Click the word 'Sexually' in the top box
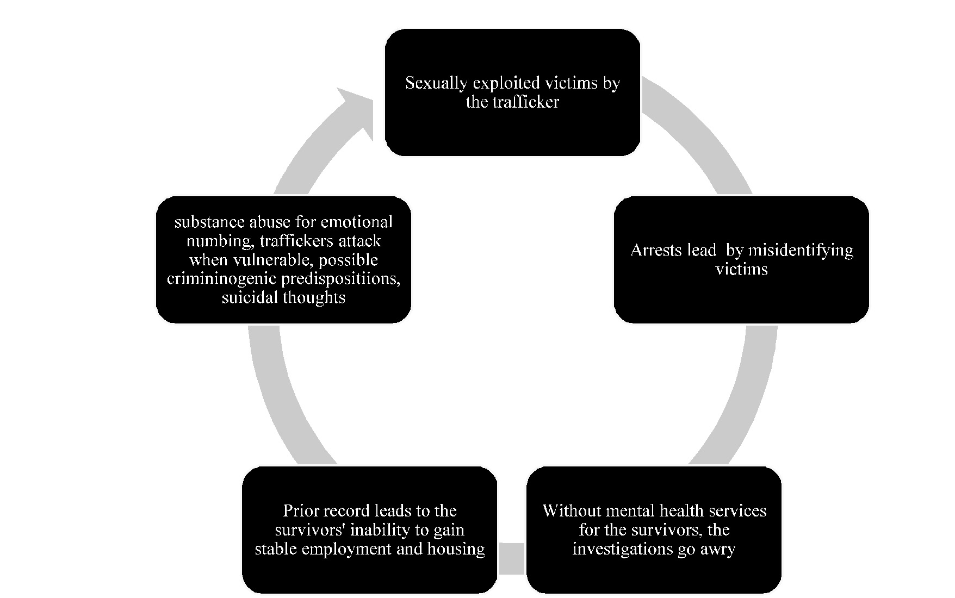[x=436, y=83]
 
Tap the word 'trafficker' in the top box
[x=527, y=102]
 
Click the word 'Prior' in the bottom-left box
[x=297, y=511]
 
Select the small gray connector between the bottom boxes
[x=512, y=558]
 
